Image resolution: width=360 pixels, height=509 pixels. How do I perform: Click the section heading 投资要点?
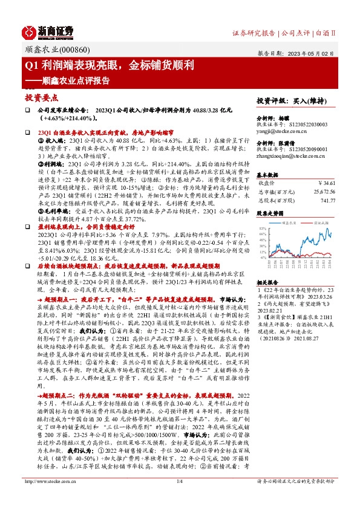coord(41,97)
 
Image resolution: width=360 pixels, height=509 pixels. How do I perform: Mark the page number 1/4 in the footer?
coord(180,498)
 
